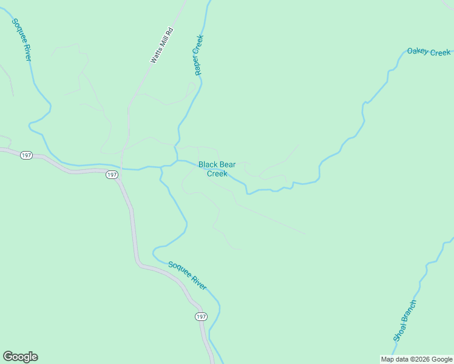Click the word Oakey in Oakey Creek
[x=418, y=51]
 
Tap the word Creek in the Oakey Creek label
[x=441, y=53]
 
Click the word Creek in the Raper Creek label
[x=200, y=44]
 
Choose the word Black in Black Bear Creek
[x=208, y=164]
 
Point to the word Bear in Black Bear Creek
[x=228, y=164]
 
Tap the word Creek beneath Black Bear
[x=217, y=174]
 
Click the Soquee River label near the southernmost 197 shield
[x=188, y=275]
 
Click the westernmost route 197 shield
[x=25, y=155]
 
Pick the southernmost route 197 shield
[x=202, y=317]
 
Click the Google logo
[x=20, y=357]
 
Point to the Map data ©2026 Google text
[x=416, y=359]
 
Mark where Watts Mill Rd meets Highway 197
[x=121, y=169]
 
